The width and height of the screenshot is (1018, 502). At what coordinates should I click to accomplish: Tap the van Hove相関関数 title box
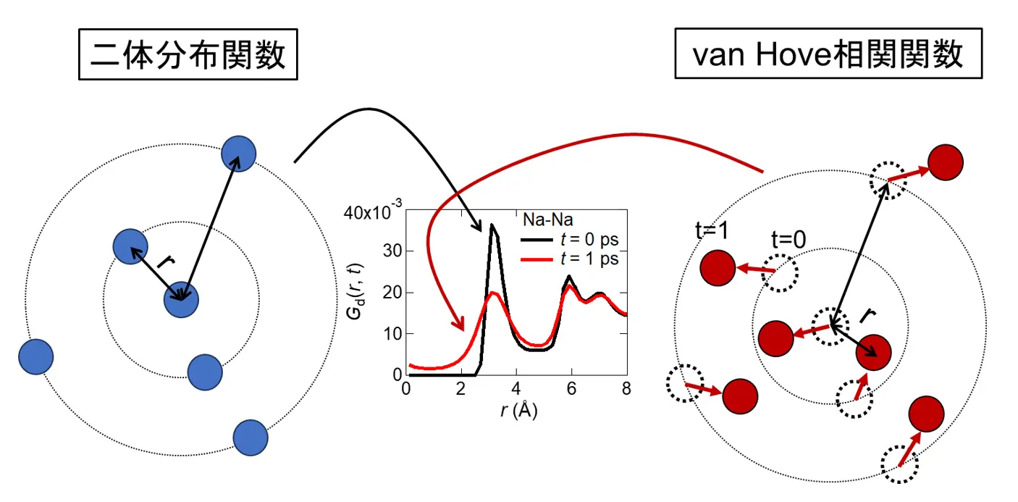click(x=828, y=54)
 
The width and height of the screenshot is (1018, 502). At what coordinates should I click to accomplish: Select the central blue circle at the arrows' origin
click(x=181, y=300)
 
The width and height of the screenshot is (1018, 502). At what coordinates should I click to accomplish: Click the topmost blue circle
click(x=239, y=154)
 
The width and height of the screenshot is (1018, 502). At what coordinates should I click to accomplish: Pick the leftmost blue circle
click(x=36, y=356)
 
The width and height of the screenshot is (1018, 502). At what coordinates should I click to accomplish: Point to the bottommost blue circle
click(x=251, y=438)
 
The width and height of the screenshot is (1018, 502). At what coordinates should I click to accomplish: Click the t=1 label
click(x=710, y=231)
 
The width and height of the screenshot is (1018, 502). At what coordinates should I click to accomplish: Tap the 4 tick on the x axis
click(x=516, y=389)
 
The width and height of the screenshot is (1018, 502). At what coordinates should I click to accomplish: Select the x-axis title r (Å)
click(x=518, y=411)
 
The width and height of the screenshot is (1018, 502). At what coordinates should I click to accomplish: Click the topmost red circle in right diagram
click(x=945, y=163)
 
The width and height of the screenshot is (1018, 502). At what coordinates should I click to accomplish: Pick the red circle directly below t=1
click(x=718, y=267)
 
